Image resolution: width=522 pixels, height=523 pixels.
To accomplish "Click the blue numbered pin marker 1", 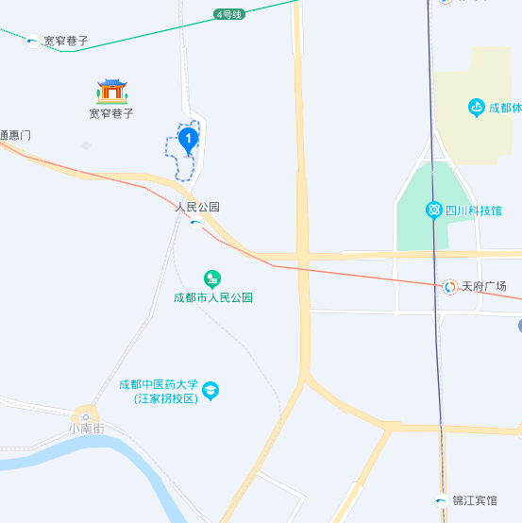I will [189, 141].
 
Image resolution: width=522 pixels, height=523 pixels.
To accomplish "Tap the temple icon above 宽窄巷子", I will [112, 91].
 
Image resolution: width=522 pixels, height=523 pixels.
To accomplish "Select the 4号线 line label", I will [229, 14].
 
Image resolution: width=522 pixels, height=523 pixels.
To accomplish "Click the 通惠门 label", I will [15, 135].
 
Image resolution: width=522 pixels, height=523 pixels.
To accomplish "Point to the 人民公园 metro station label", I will [197, 207].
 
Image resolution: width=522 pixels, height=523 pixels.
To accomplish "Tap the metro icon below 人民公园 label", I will [195, 224].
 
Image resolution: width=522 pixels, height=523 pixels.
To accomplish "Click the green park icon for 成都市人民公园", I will [213, 278].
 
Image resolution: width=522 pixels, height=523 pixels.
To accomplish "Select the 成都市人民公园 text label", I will [213, 297].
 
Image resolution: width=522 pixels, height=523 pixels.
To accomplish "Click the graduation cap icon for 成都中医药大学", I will [210, 390].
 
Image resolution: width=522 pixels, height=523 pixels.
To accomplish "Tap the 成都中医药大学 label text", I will [159, 385].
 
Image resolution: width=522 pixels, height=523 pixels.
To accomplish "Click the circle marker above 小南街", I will [86, 415].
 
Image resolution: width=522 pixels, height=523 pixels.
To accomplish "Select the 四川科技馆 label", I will [474, 210].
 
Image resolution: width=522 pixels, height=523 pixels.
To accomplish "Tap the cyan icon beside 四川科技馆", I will [433, 209].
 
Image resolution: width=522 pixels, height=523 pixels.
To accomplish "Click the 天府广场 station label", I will [484, 286].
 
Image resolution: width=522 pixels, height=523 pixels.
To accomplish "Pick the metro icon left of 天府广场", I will [450, 286].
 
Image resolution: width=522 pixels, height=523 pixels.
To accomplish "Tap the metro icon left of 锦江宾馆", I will [442, 500].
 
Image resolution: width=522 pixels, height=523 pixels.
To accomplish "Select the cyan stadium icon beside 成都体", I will [477, 108].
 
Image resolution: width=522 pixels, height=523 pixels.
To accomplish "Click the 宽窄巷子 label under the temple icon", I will [111, 113].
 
